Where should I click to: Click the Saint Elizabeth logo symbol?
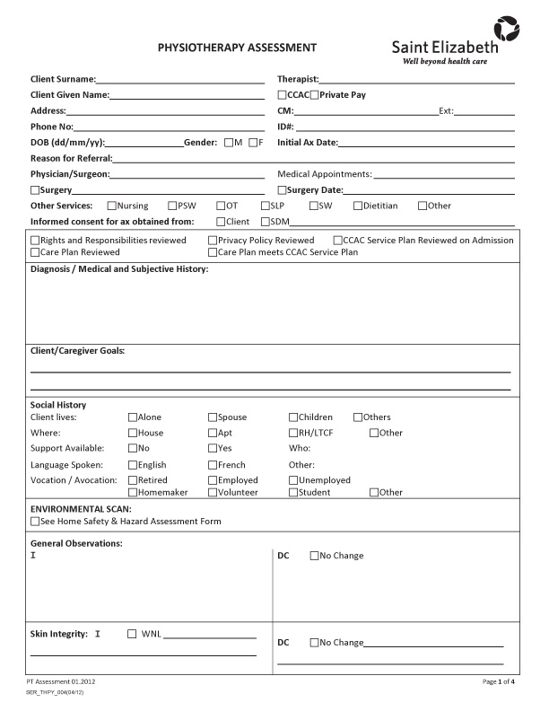(505, 29)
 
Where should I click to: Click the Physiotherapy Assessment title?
(237, 47)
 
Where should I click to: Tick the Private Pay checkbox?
(315, 94)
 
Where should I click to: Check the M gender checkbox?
(229, 142)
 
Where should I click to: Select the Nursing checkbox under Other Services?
(111, 206)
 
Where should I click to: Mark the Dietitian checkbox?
(357, 206)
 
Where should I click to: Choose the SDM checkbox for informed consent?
(266, 221)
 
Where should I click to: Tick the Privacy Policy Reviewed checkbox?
(213, 241)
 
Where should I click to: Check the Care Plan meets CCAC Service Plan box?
(213, 252)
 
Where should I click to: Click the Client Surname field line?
(179, 80)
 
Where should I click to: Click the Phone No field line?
(170, 127)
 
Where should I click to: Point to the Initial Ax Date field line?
(425, 142)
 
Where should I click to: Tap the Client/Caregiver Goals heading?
(78, 350)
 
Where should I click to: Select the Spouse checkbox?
(213, 417)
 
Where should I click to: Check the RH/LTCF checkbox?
(292, 433)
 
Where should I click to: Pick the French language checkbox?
(213, 465)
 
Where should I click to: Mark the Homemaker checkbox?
(133, 492)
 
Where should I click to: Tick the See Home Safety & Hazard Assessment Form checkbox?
(35, 521)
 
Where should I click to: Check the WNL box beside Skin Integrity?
(133, 634)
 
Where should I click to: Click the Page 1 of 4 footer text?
(498, 682)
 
